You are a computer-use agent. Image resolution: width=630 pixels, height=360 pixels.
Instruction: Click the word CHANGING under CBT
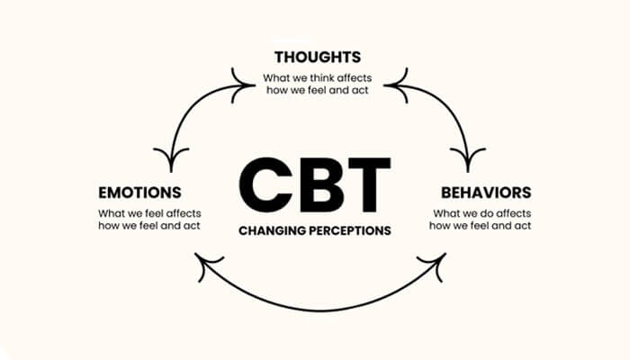271,230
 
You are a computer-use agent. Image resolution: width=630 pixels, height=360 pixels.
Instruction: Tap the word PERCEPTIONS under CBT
348,230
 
